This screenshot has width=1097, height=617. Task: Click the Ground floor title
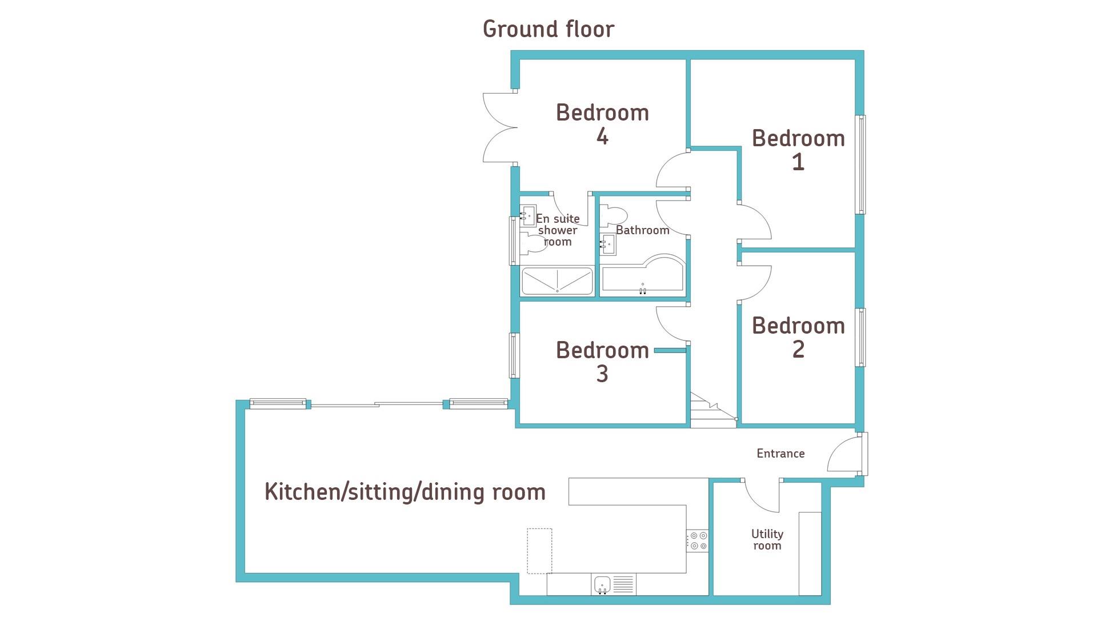548,30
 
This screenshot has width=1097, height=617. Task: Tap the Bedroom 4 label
602,124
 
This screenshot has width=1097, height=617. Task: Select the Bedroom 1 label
798,150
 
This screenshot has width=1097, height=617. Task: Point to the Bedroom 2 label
798,337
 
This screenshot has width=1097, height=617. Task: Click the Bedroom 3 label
602,362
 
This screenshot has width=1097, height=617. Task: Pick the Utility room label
767,540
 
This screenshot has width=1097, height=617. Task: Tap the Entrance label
780,454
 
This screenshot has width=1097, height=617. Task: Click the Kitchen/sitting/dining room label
405,492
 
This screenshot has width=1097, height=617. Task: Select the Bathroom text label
642,230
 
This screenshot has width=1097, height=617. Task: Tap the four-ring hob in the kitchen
698,541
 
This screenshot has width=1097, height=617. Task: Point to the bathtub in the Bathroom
643,276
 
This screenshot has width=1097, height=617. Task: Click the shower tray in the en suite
557,281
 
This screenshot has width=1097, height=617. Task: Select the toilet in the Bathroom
612,217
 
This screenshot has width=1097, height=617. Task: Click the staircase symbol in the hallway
712,411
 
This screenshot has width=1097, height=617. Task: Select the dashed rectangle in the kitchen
539,551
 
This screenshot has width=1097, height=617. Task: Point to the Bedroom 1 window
860,165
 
